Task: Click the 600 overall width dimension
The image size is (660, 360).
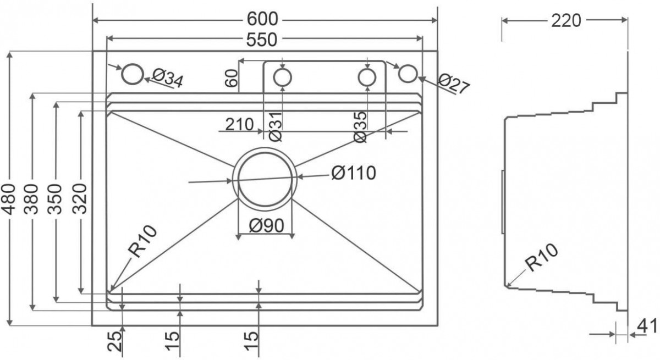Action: [263, 19]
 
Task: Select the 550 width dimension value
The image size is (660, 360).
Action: [263, 40]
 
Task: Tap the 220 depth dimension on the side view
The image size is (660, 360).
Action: [565, 20]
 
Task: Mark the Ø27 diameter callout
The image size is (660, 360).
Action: [454, 84]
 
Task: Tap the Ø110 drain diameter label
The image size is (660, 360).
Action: [354, 174]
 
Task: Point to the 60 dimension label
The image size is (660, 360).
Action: [231, 79]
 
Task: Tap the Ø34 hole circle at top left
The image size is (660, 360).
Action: [132, 74]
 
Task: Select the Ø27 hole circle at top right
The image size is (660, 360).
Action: [408, 74]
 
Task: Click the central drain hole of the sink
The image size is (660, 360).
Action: [265, 179]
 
